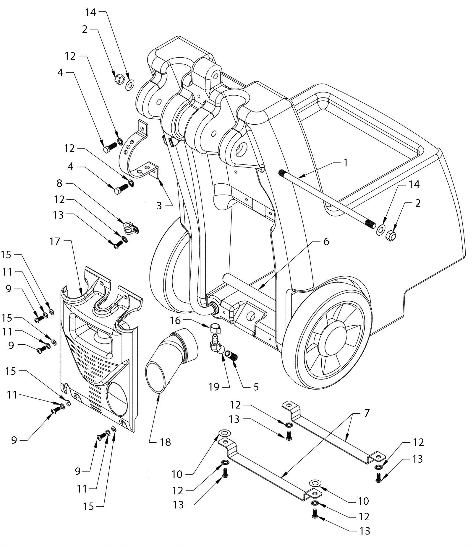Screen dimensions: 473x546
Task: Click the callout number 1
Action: click(x=346, y=163)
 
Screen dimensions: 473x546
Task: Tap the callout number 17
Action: click(x=55, y=242)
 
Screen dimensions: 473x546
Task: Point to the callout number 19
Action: click(x=214, y=387)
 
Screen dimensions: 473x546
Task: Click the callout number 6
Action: click(x=326, y=242)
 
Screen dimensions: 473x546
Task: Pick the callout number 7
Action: click(x=367, y=413)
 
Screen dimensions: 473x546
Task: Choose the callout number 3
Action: click(x=159, y=206)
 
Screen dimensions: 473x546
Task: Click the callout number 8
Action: click(x=59, y=183)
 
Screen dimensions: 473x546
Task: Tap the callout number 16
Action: click(x=175, y=320)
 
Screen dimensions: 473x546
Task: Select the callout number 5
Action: click(x=256, y=387)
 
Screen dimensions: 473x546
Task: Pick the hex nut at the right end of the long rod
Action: click(x=391, y=235)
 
